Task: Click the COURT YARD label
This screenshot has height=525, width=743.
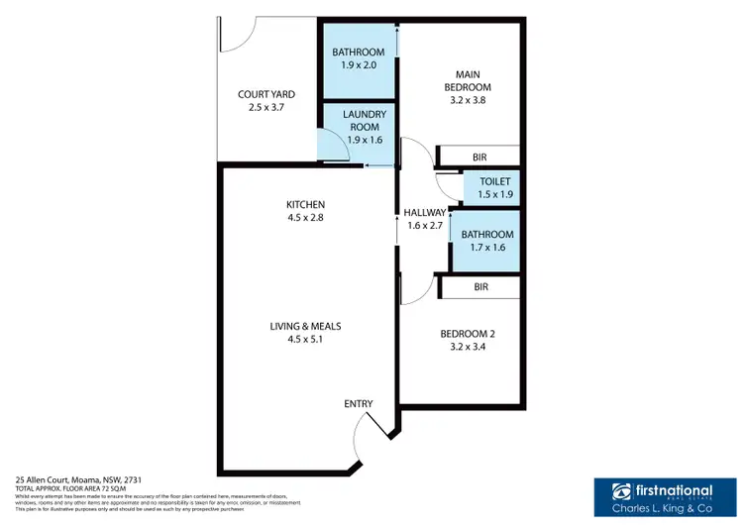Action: point(265,94)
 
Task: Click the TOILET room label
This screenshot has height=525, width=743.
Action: point(493,181)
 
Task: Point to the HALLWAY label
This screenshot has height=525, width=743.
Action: point(425,212)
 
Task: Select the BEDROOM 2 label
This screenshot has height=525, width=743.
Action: point(468,334)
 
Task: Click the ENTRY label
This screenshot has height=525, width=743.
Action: point(358,403)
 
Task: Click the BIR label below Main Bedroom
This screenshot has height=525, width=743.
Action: point(479,157)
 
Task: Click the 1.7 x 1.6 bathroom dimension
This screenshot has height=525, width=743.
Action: point(484,248)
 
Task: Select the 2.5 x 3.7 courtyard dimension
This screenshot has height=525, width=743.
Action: point(265,108)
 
